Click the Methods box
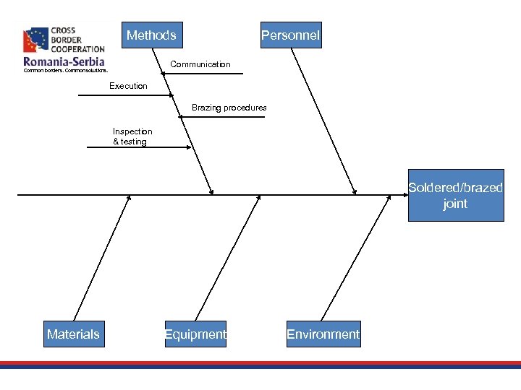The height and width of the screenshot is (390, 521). point(152,35)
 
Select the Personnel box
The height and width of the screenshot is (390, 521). point(290,35)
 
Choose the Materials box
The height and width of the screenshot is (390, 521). point(74,334)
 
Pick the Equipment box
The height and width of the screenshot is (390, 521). point(195,334)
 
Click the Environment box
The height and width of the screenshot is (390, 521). point(323,334)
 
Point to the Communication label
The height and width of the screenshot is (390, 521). point(200,64)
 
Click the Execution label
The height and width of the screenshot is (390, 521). point(128,86)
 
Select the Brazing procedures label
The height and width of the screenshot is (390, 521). point(229,108)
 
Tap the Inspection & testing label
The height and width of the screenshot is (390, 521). point(132,136)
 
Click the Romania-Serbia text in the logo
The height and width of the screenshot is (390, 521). point(64,62)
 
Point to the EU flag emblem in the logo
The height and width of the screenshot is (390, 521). point(36,40)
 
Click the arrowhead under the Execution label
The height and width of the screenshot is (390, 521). point(171,95)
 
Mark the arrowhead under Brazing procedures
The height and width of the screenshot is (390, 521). point(184,116)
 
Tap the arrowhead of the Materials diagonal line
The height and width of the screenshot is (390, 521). point(129,199)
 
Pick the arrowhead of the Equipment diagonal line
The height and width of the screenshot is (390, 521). point(258,199)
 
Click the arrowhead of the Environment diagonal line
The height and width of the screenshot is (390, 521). point(384,199)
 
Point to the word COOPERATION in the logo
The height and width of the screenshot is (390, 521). point(78,49)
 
